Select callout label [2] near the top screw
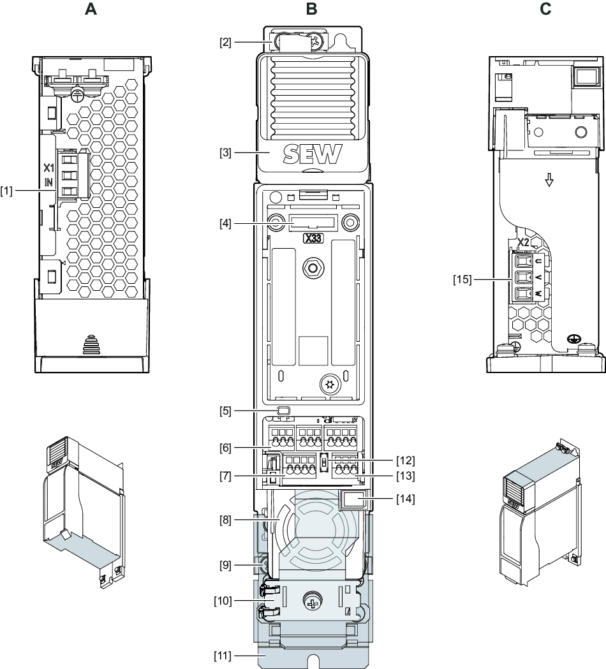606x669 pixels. tap(225, 42)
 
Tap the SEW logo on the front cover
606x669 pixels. tap(313, 136)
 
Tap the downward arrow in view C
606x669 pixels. tap(547, 181)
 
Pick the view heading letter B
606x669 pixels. tap(311, 10)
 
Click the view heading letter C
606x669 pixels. tap(546, 10)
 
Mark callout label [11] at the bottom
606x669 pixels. tap(225, 654)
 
